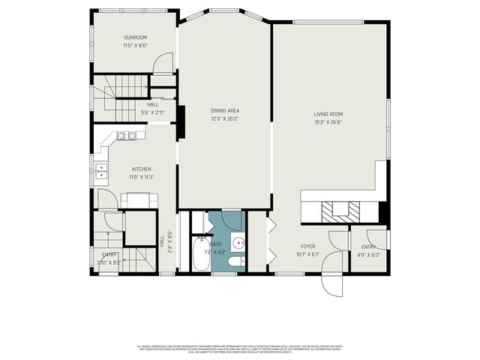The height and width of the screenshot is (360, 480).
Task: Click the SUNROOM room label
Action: click(136, 37)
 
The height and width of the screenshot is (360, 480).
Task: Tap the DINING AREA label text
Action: click(224, 110)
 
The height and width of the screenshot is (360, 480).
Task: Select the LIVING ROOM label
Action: click(328, 114)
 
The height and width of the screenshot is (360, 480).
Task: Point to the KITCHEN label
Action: click(142, 169)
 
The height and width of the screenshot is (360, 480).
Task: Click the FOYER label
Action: click(308, 246)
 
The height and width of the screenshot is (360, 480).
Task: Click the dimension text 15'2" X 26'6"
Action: click(328, 123)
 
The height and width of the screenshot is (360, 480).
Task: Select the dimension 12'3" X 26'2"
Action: click(224, 119)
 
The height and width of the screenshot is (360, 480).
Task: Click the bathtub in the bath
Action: click(201, 254)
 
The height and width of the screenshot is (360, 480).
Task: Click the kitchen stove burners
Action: click(132, 136)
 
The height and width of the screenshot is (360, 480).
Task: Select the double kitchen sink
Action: click(100, 172)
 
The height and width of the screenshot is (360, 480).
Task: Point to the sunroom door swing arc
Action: click(163, 65)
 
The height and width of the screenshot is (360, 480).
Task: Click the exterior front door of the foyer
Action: click(330, 283)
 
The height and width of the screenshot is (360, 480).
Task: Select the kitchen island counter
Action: click(139, 199)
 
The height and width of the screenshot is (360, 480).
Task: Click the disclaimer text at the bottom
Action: click(239, 349)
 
